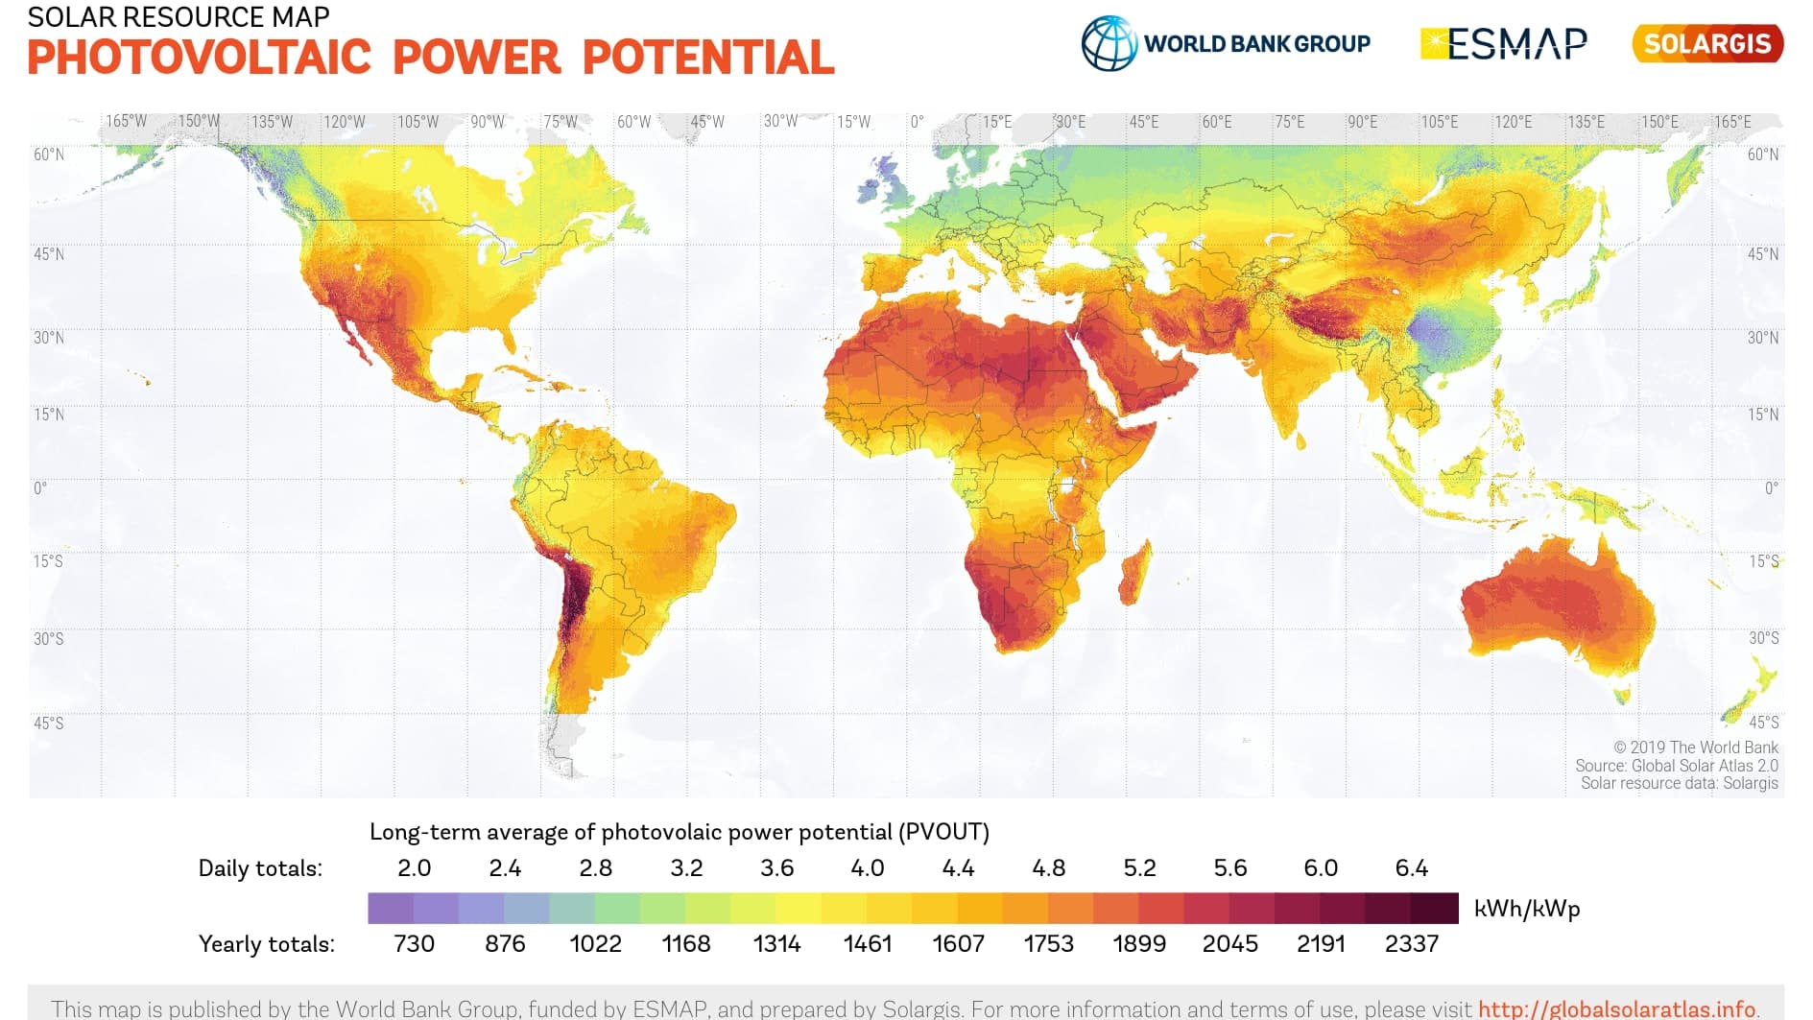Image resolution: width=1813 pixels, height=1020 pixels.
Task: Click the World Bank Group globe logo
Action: point(1109,43)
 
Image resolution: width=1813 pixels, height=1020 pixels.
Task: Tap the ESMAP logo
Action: point(1504,43)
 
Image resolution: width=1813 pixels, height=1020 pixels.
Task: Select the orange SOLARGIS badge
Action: point(1707,43)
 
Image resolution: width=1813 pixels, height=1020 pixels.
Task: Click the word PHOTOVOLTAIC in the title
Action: point(200,58)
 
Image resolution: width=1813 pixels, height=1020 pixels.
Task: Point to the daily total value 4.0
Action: point(868,868)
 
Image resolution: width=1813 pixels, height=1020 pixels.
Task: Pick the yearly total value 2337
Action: point(1412,944)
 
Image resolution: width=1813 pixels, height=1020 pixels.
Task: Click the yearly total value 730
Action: point(415,944)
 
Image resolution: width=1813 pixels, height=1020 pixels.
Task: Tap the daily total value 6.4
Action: point(1412,868)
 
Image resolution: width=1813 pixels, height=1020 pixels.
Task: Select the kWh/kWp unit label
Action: point(1527,909)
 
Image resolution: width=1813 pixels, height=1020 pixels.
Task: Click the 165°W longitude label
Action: point(127,122)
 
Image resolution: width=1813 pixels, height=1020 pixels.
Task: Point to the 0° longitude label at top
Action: point(918,122)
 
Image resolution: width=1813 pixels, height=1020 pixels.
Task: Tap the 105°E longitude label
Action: point(1440,122)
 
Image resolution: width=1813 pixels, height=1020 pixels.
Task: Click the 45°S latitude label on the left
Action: point(49,723)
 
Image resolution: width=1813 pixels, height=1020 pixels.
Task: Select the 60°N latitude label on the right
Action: point(1763,154)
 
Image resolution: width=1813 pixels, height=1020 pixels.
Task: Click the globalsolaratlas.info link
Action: point(1617,1008)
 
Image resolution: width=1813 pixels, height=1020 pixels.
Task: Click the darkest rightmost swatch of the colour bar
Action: point(1436,909)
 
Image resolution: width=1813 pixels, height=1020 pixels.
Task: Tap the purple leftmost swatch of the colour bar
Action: point(391,909)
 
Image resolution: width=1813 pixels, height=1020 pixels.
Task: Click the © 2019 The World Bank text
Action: point(1696,747)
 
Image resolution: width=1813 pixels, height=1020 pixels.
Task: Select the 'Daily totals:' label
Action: point(260,868)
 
